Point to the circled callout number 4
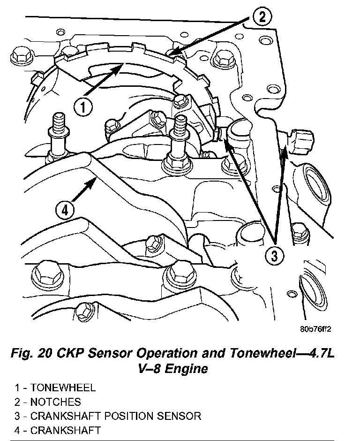pos(65,209)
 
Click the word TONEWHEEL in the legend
pos(63,388)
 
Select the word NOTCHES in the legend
pos(55,402)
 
